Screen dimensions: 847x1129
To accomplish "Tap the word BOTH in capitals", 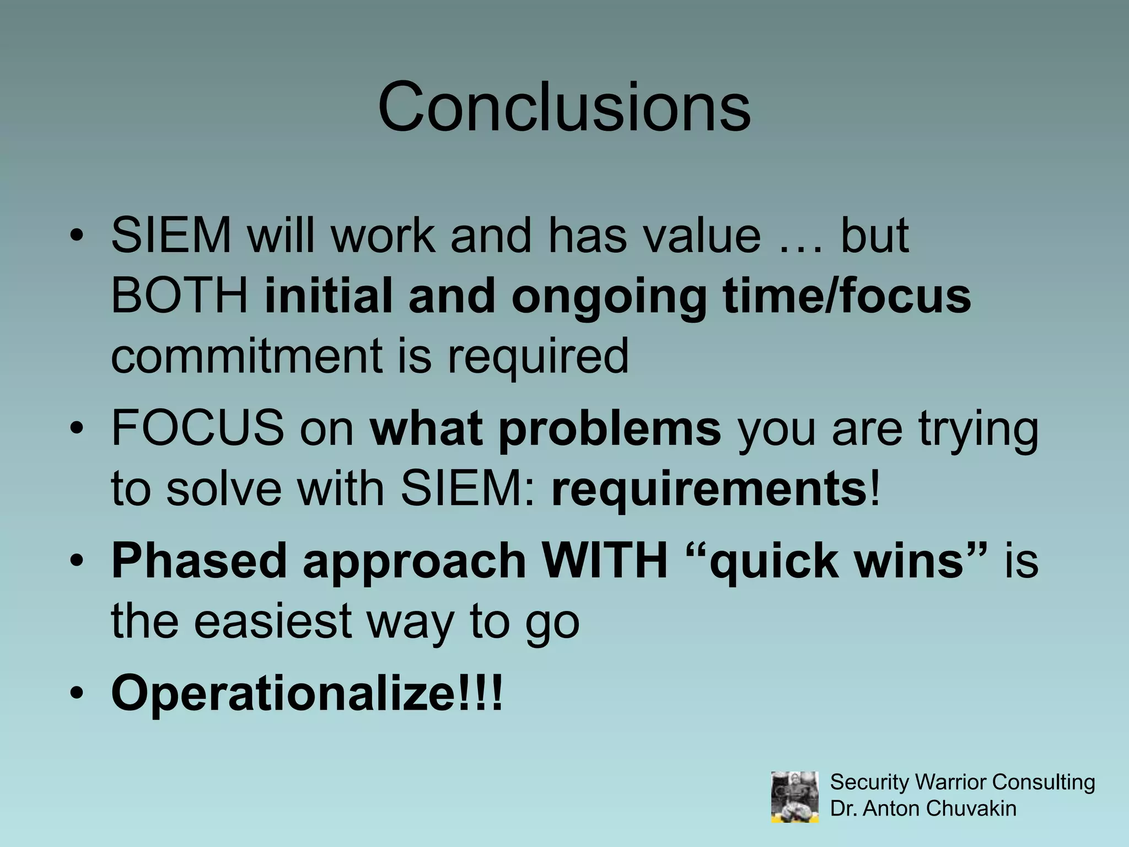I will point(180,296).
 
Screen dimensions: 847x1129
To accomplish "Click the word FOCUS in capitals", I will point(197,428).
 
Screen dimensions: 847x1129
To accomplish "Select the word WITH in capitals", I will point(605,560).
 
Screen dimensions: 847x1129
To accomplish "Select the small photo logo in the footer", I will point(794,797).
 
